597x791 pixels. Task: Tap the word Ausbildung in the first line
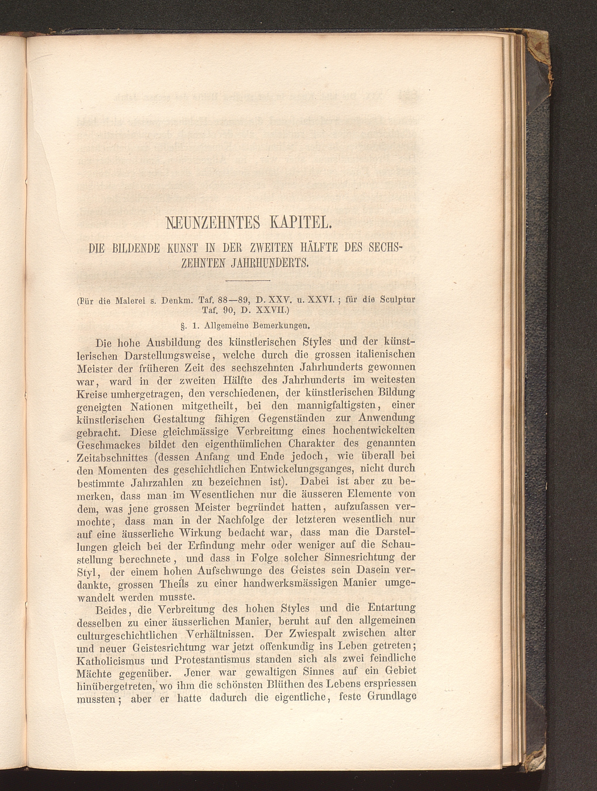click(174, 342)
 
